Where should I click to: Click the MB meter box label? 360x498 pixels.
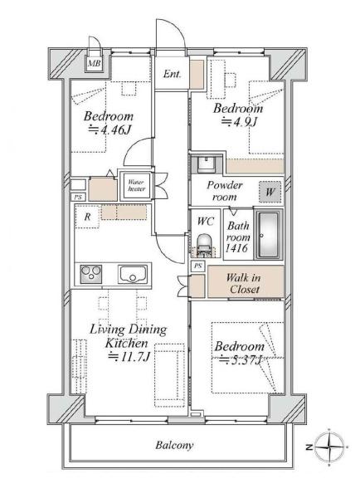click(95, 63)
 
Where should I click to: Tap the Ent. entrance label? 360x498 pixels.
click(172, 75)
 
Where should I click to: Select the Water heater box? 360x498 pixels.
click(136, 185)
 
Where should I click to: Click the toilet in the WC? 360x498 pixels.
click(204, 245)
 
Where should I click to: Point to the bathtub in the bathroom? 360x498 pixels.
click(269, 235)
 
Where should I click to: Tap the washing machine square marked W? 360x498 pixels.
click(270, 192)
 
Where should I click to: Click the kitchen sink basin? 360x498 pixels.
click(133, 274)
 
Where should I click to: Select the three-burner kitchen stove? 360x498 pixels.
click(91, 274)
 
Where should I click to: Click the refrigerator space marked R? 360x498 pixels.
click(87, 217)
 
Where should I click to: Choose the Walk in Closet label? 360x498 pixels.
click(244, 283)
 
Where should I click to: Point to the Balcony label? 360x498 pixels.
click(174, 445)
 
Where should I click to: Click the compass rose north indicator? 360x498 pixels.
click(328, 447)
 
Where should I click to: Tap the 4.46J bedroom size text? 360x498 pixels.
click(110, 129)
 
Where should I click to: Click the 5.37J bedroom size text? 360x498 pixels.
click(241, 360)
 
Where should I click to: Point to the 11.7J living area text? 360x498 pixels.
click(129, 357)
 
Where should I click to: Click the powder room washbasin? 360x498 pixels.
click(206, 164)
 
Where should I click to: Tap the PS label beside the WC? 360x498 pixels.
click(198, 266)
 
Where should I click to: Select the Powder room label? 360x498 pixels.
click(225, 191)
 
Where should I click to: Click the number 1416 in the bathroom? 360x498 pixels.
click(236, 247)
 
